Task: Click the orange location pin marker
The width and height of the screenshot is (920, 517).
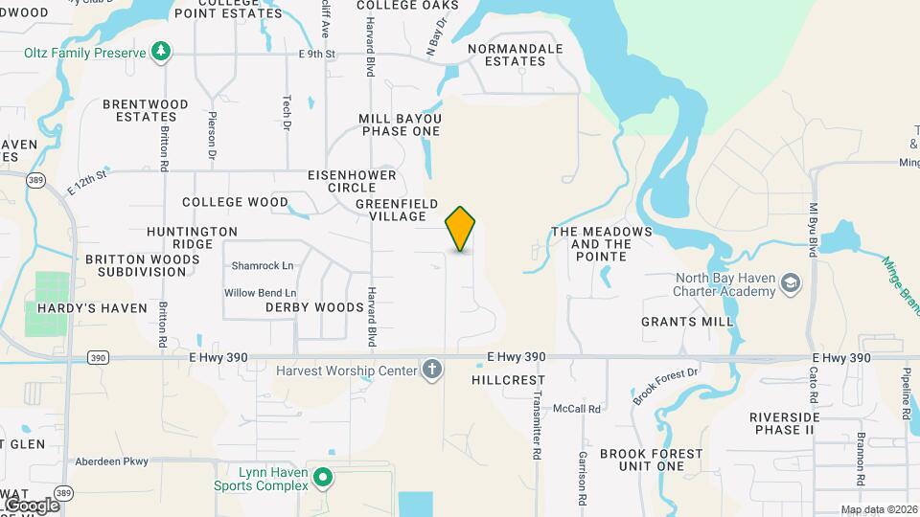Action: [461, 228]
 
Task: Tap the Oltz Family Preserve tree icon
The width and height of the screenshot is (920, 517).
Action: [163, 51]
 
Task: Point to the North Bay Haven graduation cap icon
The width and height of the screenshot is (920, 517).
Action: [791, 284]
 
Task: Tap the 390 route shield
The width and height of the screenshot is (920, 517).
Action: [97, 358]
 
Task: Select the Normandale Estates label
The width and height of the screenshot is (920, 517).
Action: [507, 55]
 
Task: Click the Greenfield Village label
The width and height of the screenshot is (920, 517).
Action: [397, 211]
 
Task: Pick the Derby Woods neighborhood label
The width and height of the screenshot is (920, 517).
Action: [314, 307]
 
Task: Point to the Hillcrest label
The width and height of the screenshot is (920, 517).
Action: [509, 380]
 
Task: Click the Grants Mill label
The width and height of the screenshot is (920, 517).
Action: [687, 322]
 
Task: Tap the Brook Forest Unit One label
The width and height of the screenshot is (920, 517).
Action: [651, 460]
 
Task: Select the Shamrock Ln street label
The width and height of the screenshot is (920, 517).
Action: [262, 265]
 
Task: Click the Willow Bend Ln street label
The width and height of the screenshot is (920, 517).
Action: [260, 293]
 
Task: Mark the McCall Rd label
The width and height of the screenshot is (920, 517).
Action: [581, 409]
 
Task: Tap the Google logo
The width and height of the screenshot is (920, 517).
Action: [32, 505]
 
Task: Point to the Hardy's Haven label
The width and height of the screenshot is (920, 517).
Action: [92, 308]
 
